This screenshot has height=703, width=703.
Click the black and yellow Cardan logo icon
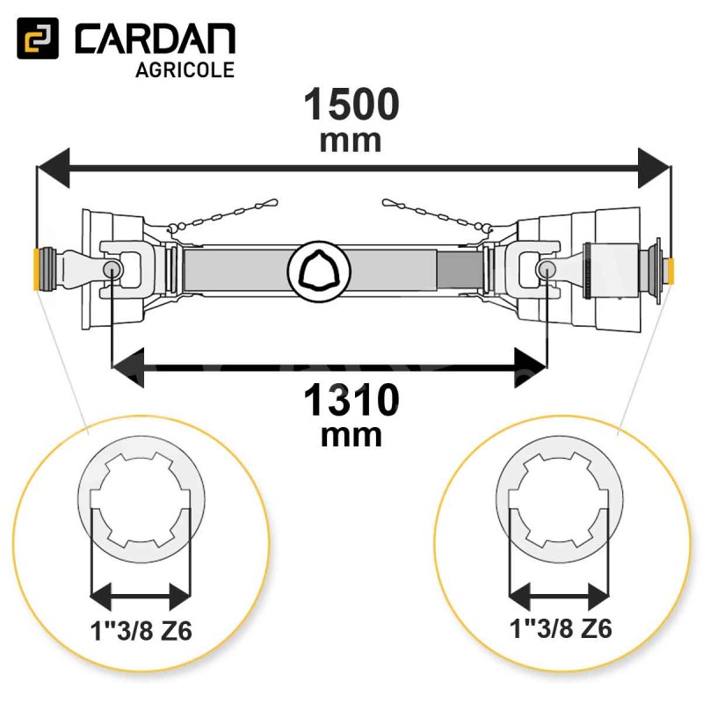[38, 38]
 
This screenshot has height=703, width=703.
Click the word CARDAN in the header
[156, 39]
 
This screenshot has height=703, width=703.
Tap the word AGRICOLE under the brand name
[185, 70]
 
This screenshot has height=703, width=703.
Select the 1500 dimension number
[351, 104]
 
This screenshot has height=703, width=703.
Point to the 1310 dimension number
[351, 400]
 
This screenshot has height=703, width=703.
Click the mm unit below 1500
[351, 141]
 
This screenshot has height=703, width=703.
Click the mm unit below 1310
[351, 436]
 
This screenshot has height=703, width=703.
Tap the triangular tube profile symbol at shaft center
[319, 271]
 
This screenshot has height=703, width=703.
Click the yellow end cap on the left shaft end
[36, 270]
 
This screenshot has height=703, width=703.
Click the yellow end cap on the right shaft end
[671, 272]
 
